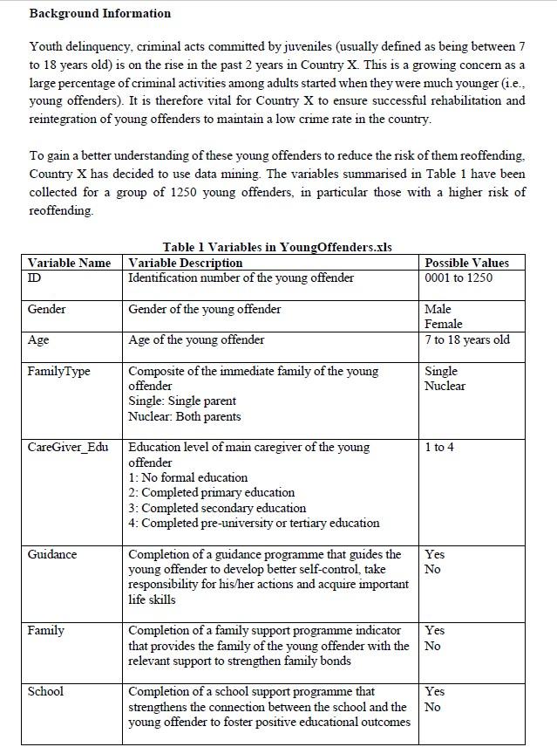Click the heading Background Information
(99, 13)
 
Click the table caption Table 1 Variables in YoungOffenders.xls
(276, 247)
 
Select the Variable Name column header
(69, 263)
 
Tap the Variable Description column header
(186, 263)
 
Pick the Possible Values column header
(466, 263)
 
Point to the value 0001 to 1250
(459, 278)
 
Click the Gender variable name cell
(46, 309)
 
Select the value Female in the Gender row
(444, 324)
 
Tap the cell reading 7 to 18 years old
(467, 339)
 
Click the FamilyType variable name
(58, 371)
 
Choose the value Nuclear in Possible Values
(445, 386)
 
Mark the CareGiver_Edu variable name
(68, 447)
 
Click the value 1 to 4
(440, 447)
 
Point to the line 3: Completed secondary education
(217, 508)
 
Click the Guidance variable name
(51, 554)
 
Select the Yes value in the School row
(434, 691)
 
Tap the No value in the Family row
(432, 646)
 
